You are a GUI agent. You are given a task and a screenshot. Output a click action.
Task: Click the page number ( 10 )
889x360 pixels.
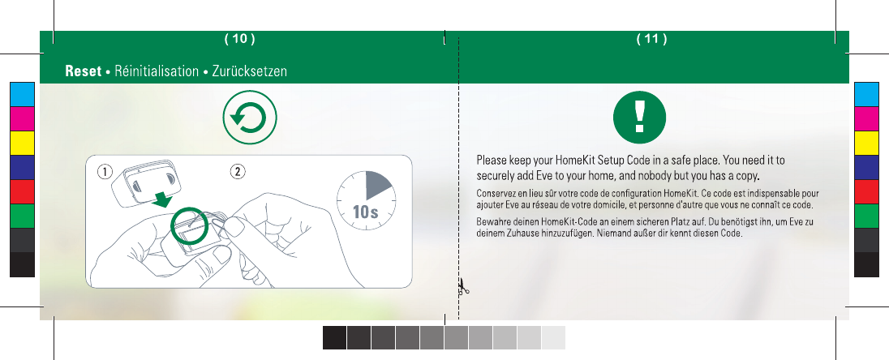click(x=240, y=39)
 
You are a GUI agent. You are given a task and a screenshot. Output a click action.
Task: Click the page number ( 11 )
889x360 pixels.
click(x=651, y=39)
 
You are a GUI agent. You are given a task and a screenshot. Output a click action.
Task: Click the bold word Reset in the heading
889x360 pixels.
click(x=84, y=71)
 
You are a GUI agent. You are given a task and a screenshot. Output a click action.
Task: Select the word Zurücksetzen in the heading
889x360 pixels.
click(x=250, y=71)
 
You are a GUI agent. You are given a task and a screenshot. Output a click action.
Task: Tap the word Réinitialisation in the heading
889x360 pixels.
click(x=157, y=71)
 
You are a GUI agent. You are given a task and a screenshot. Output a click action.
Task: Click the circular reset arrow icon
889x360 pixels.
click(x=250, y=118)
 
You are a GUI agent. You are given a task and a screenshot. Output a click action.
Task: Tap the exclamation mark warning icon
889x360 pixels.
click(x=639, y=118)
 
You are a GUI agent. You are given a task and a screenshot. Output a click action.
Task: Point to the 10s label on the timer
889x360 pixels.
click(x=365, y=212)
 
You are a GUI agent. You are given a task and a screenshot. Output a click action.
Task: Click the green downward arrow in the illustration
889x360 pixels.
click(x=164, y=199)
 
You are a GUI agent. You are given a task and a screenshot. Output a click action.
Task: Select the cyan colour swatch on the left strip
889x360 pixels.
click(x=22, y=94)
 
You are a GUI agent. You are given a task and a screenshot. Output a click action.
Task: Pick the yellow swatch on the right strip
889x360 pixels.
click(x=866, y=143)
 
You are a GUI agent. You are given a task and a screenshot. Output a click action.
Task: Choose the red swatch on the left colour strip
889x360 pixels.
click(x=22, y=191)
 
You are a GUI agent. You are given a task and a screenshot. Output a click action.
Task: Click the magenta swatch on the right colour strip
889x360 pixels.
click(x=866, y=118)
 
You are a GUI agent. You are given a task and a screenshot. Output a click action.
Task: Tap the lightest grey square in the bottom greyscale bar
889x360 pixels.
click(x=554, y=338)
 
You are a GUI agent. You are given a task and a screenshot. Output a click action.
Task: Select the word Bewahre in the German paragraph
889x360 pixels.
click(x=492, y=221)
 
